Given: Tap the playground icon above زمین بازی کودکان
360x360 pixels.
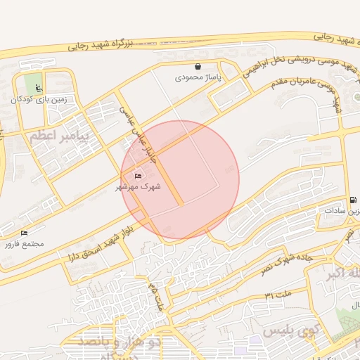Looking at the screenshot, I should pos(39,88).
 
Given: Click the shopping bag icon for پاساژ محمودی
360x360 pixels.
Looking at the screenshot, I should pos(198,67).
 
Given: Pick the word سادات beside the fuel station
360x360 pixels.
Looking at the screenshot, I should pos(342,211).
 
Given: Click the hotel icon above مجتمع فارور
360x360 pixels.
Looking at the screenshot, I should pos(25,233).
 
